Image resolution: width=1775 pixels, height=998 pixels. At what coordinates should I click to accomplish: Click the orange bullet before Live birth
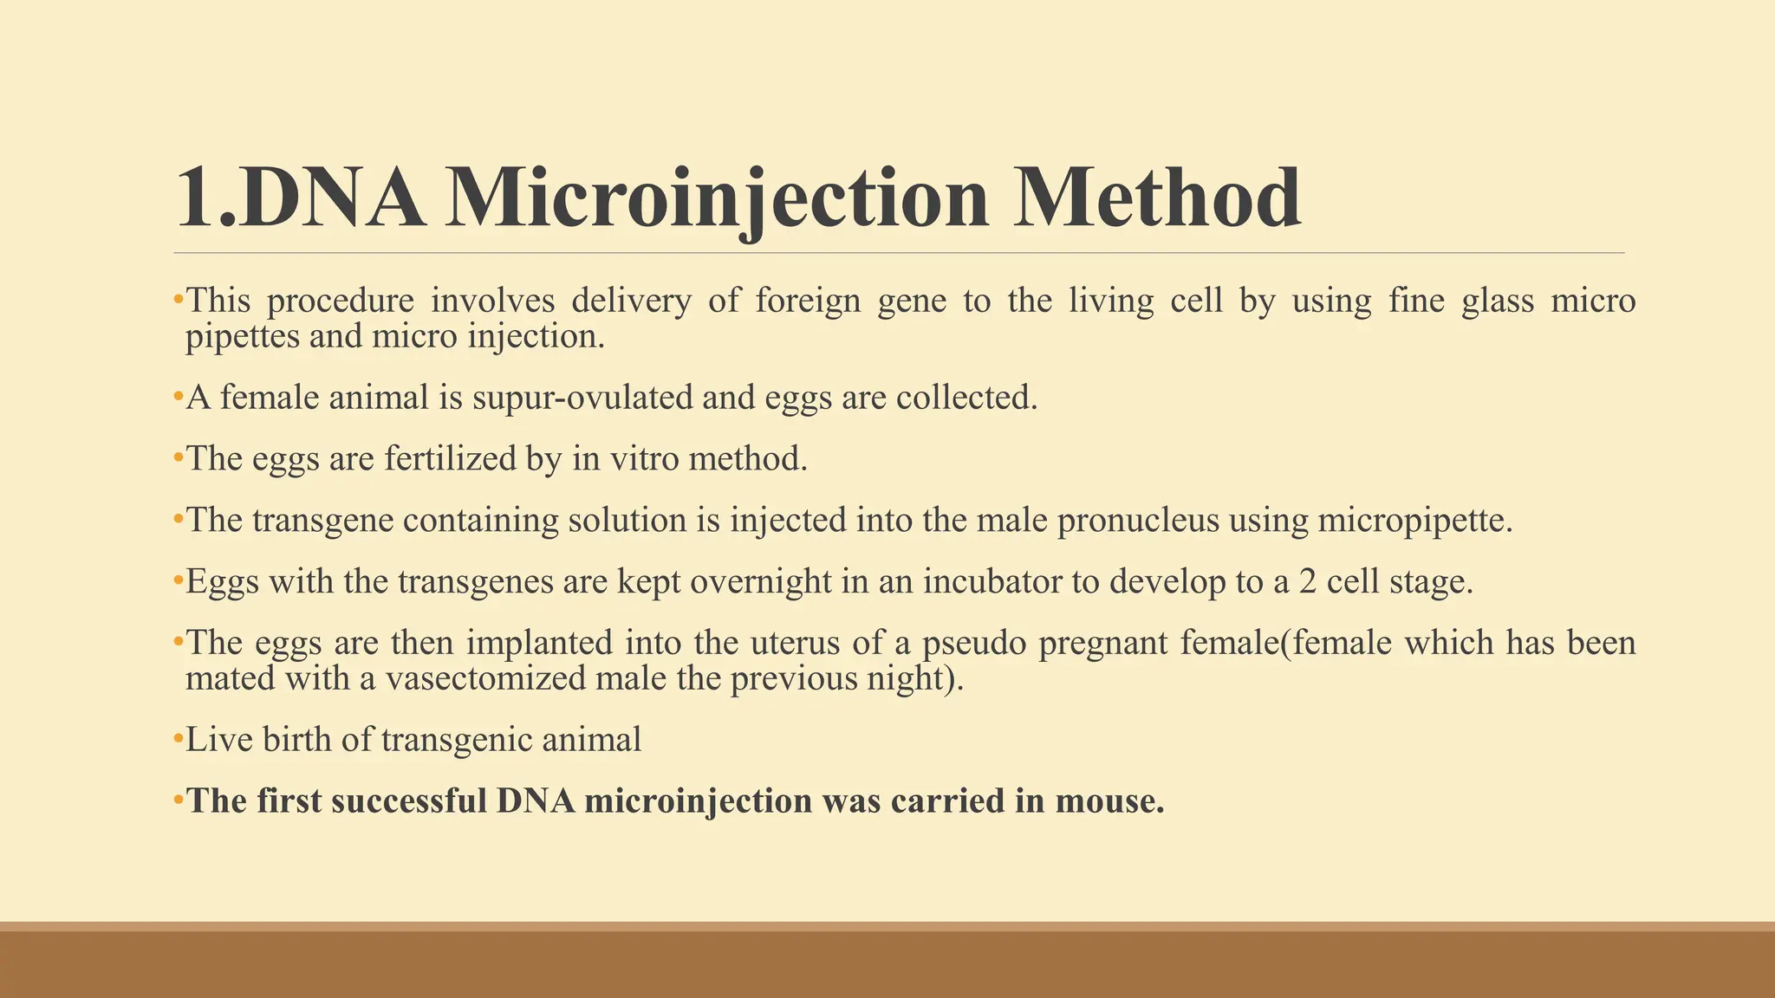(178, 739)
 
